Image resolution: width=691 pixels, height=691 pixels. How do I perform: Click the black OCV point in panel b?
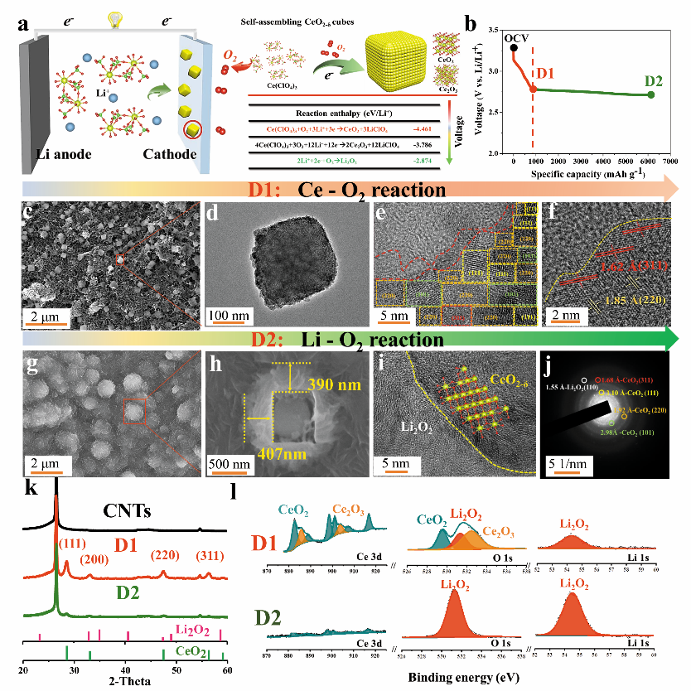515,48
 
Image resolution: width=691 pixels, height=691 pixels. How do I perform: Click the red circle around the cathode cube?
193,129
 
